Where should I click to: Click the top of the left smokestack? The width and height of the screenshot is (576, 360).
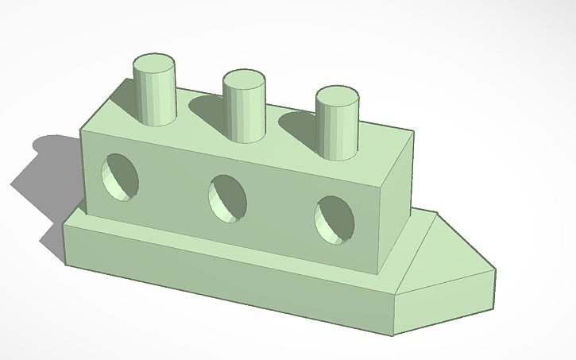pyautogui.click(x=154, y=65)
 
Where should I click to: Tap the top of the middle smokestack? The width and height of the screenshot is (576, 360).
pyautogui.click(x=244, y=80)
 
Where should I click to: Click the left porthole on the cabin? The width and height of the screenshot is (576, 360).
pyautogui.click(x=121, y=176)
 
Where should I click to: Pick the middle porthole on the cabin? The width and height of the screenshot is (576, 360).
pyautogui.click(x=227, y=199)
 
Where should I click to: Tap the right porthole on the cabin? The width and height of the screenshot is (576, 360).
pyautogui.click(x=334, y=218)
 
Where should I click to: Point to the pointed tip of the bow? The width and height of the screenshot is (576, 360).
pyautogui.click(x=495, y=270)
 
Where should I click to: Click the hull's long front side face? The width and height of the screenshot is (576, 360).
pyautogui.click(x=222, y=274)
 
